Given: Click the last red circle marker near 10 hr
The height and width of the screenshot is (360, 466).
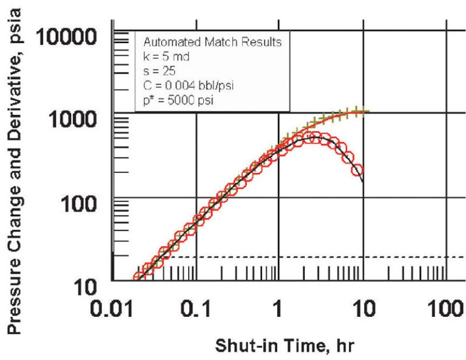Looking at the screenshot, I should [358, 171].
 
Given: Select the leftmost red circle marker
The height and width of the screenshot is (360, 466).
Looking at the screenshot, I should [137, 278].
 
